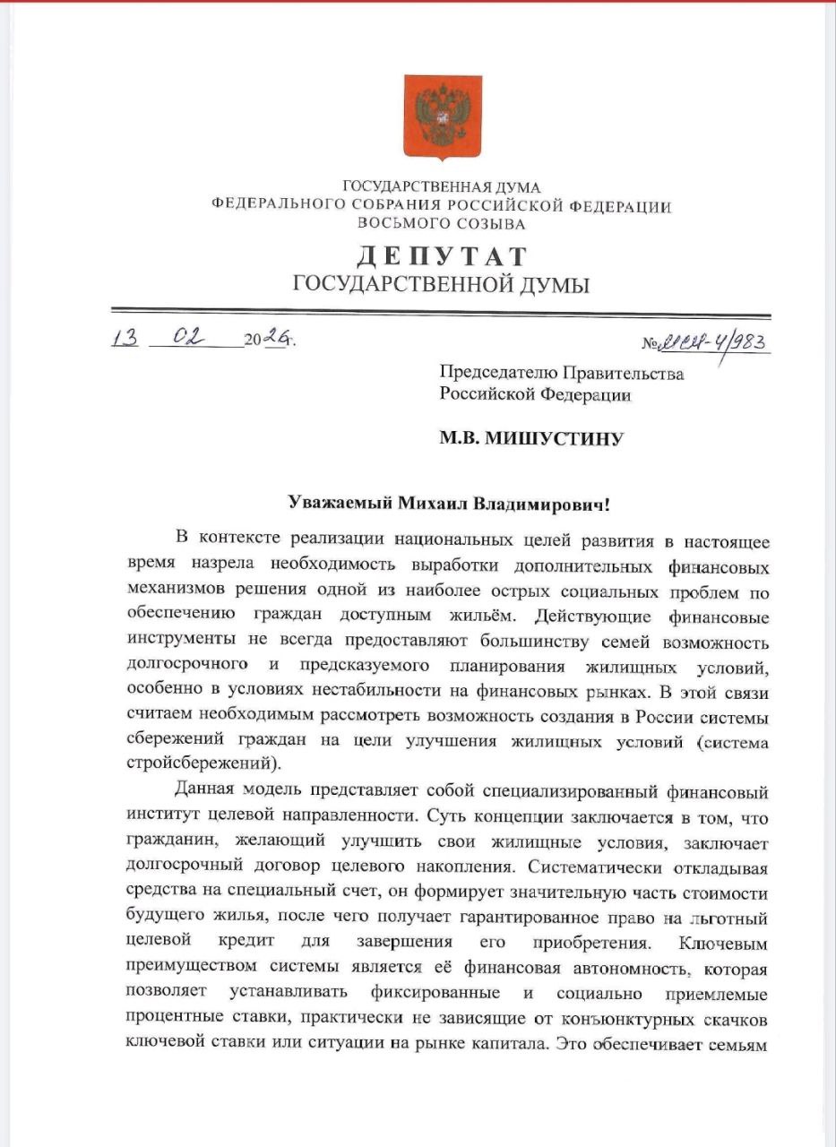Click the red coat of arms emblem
442,117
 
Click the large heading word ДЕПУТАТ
442,256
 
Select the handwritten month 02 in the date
189,338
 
